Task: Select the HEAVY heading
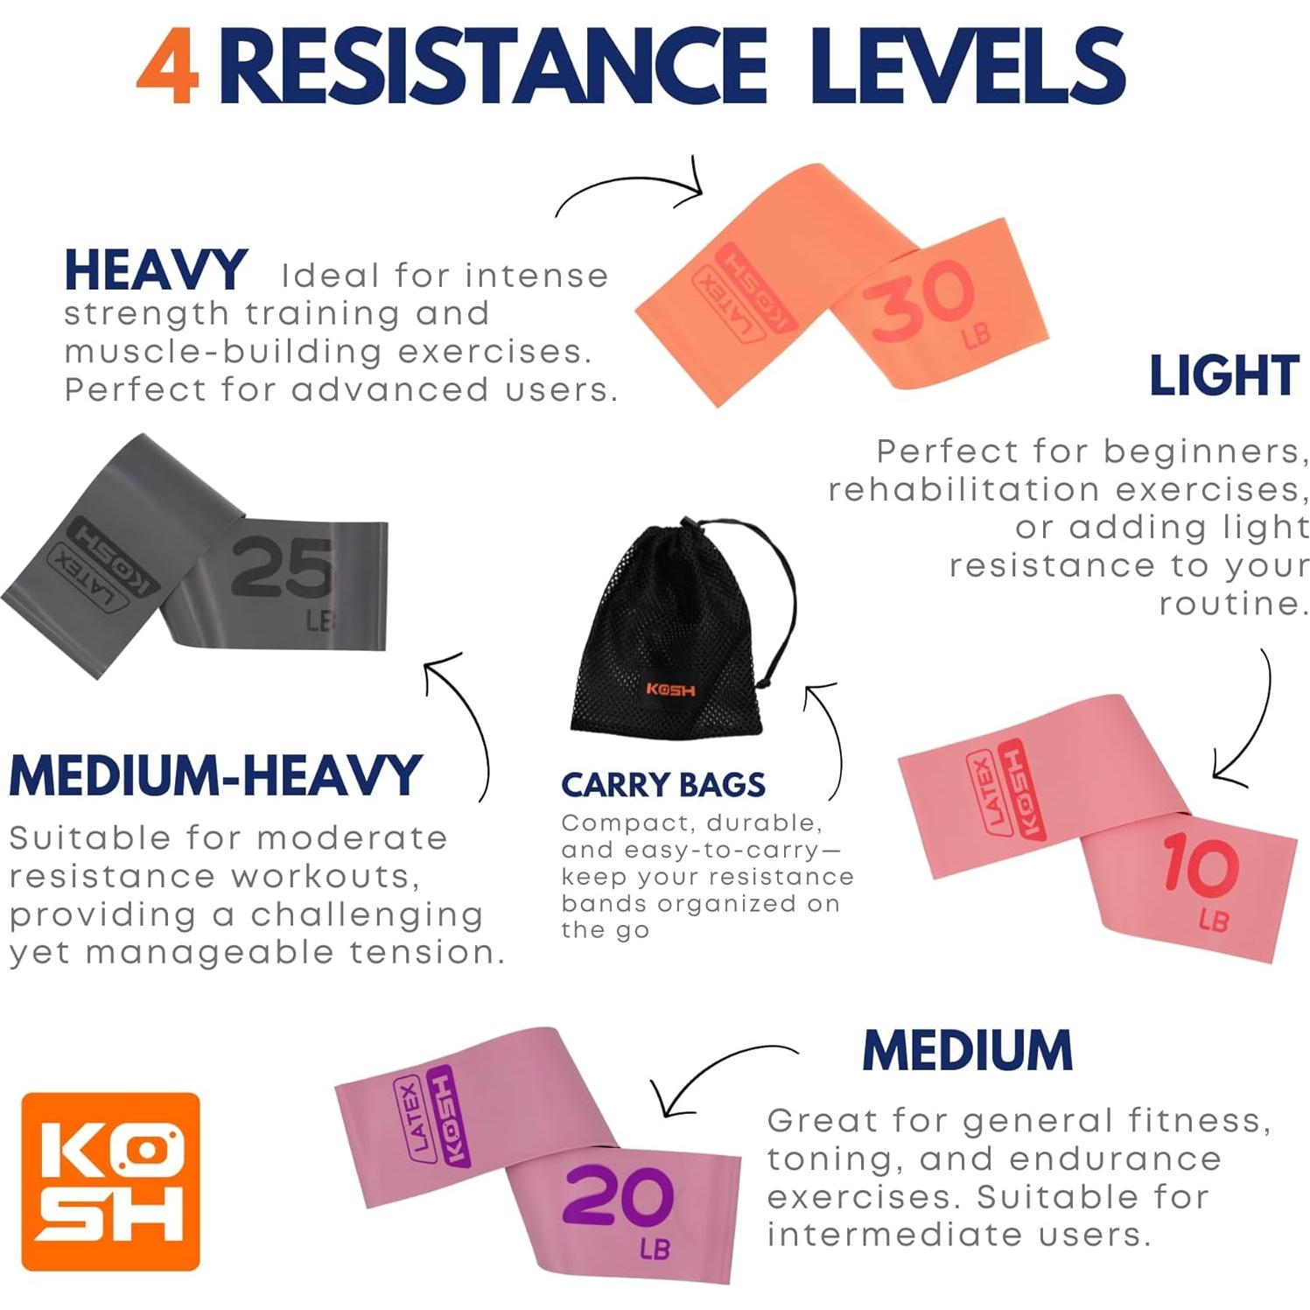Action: tap(156, 270)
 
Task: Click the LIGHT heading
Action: tap(1223, 376)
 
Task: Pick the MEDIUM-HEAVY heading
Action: tap(215, 775)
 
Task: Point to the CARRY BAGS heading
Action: tap(662, 785)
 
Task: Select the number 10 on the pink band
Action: tap(1200, 866)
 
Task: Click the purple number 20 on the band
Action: tap(618, 1197)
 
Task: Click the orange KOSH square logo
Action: tap(110, 1181)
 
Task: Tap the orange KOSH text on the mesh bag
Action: tap(670, 690)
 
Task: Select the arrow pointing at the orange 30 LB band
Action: tap(630, 188)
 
